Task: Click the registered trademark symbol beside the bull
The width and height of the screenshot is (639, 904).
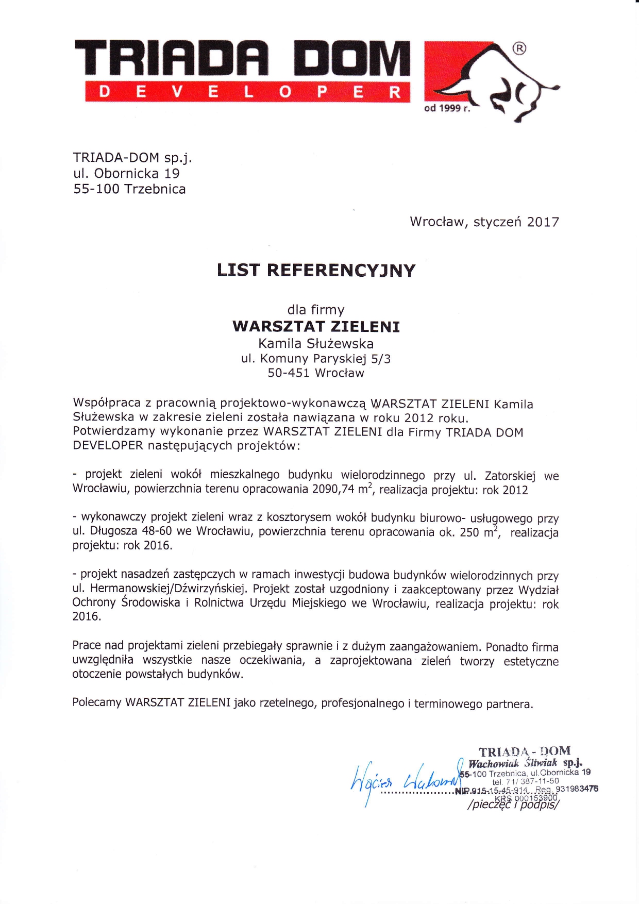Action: [x=519, y=48]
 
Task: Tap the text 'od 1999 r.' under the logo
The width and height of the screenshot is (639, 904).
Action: [x=447, y=108]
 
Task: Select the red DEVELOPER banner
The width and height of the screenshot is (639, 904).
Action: [x=247, y=92]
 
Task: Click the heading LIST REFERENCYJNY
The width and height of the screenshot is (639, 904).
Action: [x=316, y=271]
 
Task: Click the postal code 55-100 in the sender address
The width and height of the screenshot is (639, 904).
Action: [x=96, y=189]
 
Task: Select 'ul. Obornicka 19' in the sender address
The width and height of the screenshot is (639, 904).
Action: [x=126, y=173]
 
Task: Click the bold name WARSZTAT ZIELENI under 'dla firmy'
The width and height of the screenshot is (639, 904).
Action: [x=316, y=327]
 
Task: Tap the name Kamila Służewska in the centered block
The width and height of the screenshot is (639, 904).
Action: [x=316, y=343]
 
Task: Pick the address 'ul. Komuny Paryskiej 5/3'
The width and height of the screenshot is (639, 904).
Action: [x=316, y=359]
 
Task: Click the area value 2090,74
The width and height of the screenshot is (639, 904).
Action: [x=333, y=489]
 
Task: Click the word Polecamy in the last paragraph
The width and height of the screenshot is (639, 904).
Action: [x=97, y=702]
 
